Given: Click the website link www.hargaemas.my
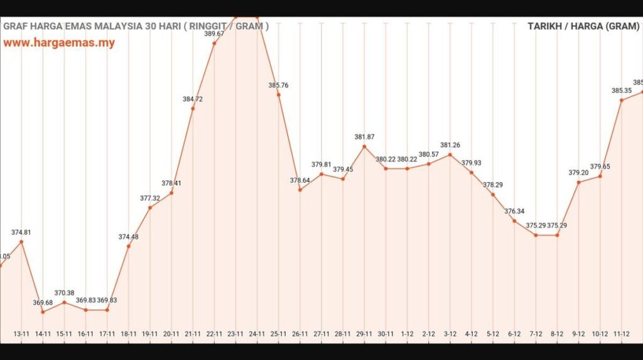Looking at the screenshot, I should [x=59, y=43].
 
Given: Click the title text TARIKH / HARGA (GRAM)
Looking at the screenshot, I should [x=583, y=26].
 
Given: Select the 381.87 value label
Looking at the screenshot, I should [x=364, y=137].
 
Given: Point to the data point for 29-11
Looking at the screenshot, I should [x=364, y=146].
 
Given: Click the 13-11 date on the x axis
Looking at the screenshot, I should [x=22, y=334].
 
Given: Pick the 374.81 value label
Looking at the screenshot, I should [x=21, y=232].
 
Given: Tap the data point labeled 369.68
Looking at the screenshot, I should [x=43, y=312].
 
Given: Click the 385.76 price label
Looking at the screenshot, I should [x=278, y=85].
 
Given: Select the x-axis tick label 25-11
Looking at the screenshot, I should [x=278, y=334].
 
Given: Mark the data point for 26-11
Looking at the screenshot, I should [x=300, y=190].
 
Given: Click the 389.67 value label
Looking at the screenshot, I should [x=214, y=34].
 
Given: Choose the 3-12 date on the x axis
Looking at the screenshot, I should [x=450, y=334].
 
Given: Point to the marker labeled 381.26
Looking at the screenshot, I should [x=450, y=155].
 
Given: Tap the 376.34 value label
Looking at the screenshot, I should [x=514, y=212].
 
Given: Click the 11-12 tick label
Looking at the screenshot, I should [x=621, y=334].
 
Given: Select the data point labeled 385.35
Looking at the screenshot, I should [x=621, y=100].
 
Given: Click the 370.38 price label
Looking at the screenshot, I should [x=65, y=293].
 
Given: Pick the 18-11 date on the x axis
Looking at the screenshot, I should [x=129, y=334].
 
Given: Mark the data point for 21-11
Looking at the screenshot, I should [x=193, y=109].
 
